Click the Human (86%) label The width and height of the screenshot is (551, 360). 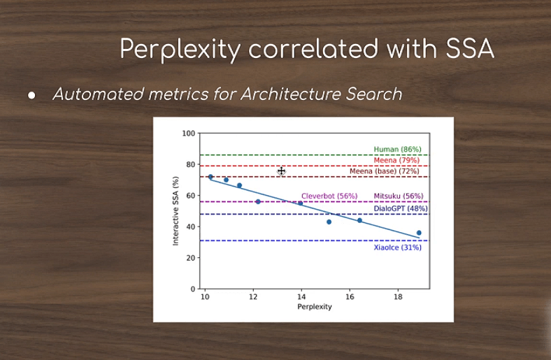[397, 150]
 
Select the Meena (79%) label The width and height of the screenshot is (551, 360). [396, 160]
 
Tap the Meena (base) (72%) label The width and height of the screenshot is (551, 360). [385, 171]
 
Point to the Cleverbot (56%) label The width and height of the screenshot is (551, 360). [329, 196]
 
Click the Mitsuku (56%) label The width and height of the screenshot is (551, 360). [399, 196]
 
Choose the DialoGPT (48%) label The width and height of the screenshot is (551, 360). [401, 208]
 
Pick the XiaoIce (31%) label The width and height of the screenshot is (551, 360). [397, 247]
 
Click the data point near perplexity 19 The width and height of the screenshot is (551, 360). [419, 233]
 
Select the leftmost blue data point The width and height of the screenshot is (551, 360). [210, 177]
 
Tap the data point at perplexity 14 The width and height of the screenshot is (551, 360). [301, 203]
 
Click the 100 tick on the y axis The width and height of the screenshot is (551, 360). [188, 133]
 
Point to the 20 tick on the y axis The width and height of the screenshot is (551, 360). [191, 258]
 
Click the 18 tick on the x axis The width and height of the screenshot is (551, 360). [398, 297]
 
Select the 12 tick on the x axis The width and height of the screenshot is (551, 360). [253, 297]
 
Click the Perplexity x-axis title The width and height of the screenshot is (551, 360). [315, 307]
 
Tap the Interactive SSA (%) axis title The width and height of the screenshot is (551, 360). [176, 210]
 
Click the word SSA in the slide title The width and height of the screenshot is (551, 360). [470, 48]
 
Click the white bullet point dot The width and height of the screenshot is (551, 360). [31, 95]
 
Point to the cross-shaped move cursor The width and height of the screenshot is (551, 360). [281, 171]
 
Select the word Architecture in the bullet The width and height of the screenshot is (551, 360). [289, 94]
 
